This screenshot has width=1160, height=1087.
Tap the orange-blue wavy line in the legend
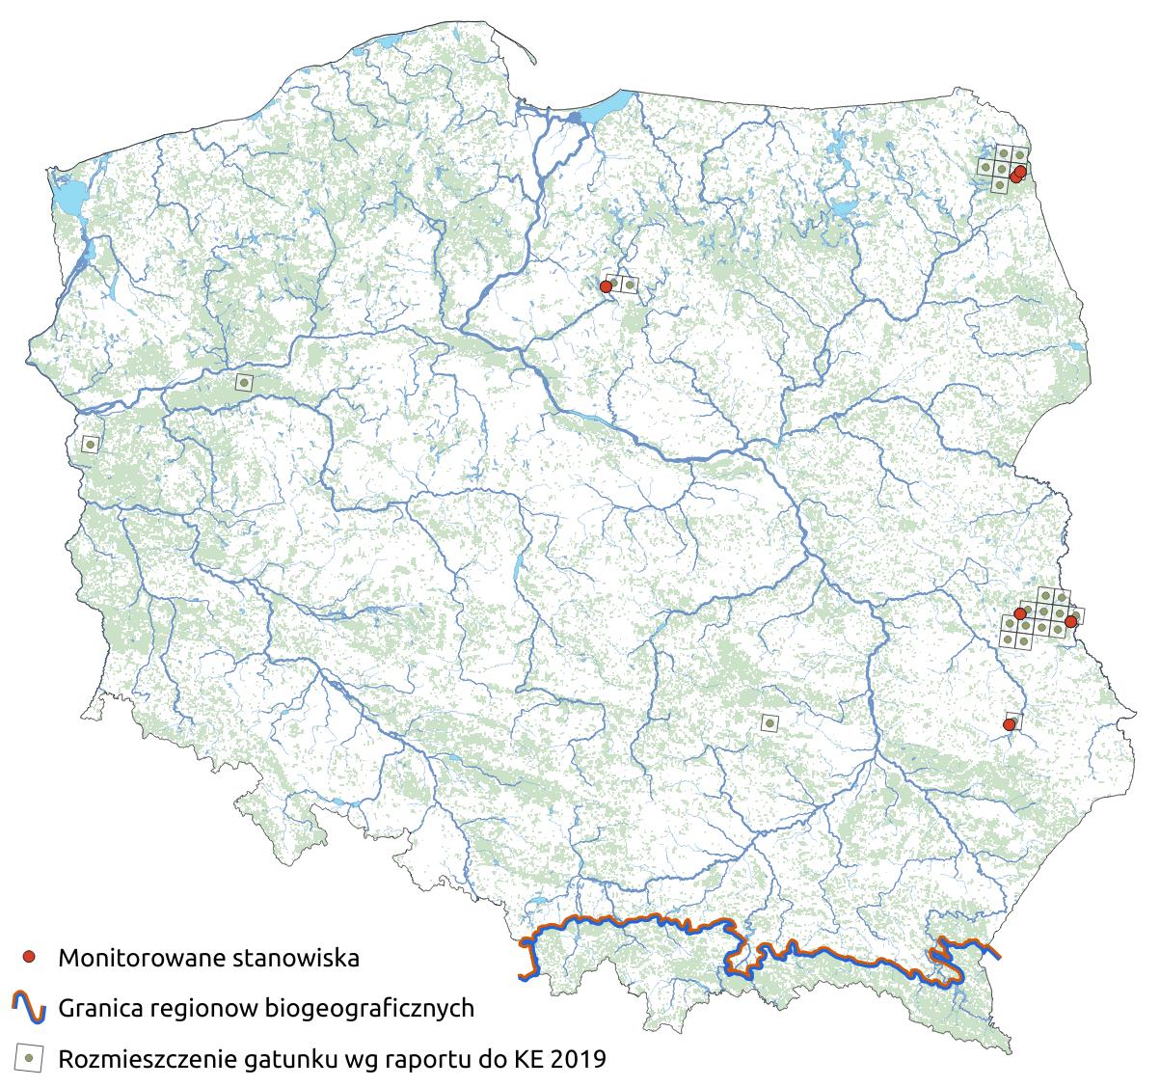(30, 1009)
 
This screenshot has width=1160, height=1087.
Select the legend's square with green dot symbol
(30, 1059)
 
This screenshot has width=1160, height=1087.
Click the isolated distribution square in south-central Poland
(769, 722)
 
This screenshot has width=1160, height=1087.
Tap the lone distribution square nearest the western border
(90, 444)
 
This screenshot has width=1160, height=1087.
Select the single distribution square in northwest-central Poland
(244, 382)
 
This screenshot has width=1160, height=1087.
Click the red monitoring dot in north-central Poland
(606, 286)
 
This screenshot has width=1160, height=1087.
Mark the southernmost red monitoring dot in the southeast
(1010, 724)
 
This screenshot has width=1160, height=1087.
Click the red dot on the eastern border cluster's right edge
(1070, 622)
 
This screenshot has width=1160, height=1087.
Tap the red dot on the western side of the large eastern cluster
(1020, 613)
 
